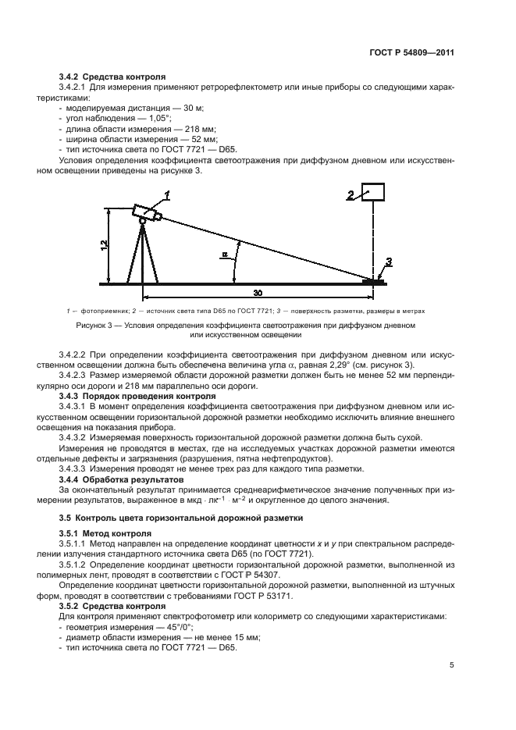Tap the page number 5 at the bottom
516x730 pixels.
pos(452,666)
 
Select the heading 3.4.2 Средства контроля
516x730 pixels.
pos(112,77)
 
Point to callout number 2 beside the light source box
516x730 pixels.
pos(351,194)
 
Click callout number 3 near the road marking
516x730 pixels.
pos(389,262)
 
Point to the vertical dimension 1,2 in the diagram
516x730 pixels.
pos(104,246)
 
